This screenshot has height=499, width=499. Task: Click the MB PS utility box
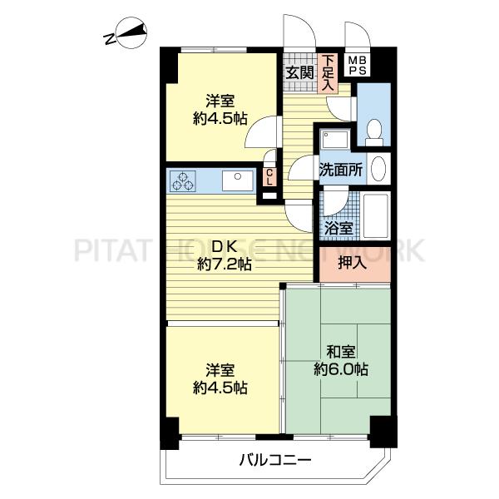358,66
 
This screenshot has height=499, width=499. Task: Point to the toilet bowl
374,132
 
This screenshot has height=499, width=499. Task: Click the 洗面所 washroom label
340,170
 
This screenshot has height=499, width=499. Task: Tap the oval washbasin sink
378,168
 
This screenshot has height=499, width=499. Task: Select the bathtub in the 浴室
377,215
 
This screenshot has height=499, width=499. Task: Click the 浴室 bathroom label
338,228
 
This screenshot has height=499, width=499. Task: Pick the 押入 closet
355,264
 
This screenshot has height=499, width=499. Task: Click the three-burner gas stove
183,181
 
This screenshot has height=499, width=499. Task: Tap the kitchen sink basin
238,180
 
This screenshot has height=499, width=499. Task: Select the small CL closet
269,177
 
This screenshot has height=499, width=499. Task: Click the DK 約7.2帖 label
225,255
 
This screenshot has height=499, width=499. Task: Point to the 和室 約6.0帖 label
341,361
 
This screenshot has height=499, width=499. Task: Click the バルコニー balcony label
275,460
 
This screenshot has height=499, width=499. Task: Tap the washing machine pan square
335,139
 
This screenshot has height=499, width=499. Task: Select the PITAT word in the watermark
111,249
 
